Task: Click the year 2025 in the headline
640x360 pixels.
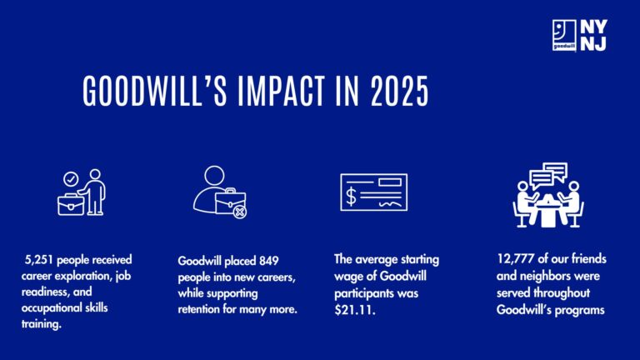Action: click(400, 91)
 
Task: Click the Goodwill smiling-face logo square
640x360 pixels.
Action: click(564, 35)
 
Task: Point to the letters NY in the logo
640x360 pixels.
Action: click(594, 27)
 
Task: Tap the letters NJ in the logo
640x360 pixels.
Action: click(593, 43)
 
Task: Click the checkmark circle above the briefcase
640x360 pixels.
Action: click(71, 179)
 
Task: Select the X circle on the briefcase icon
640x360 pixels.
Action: click(240, 212)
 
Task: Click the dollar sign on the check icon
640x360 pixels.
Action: click(351, 196)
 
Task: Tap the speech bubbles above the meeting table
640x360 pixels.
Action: click(548, 174)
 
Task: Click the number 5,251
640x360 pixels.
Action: click(40, 260)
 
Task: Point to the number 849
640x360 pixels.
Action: click(268, 261)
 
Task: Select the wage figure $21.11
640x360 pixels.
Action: click(355, 310)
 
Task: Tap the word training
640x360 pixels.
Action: click(41, 324)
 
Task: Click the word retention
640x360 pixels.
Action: click(199, 309)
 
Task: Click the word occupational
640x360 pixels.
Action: click(52, 307)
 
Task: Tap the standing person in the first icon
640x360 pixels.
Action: click(93, 192)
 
